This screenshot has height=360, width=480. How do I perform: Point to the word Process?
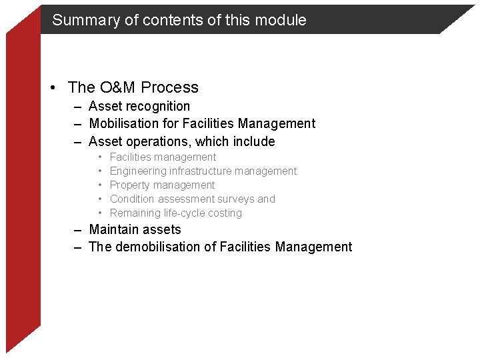point(169,87)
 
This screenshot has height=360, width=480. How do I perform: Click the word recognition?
point(157,107)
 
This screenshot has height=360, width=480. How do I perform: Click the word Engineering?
point(138,171)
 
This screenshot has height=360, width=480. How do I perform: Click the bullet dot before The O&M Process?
point(58,88)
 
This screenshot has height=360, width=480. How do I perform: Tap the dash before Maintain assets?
point(78,230)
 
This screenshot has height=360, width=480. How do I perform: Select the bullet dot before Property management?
point(99,185)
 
